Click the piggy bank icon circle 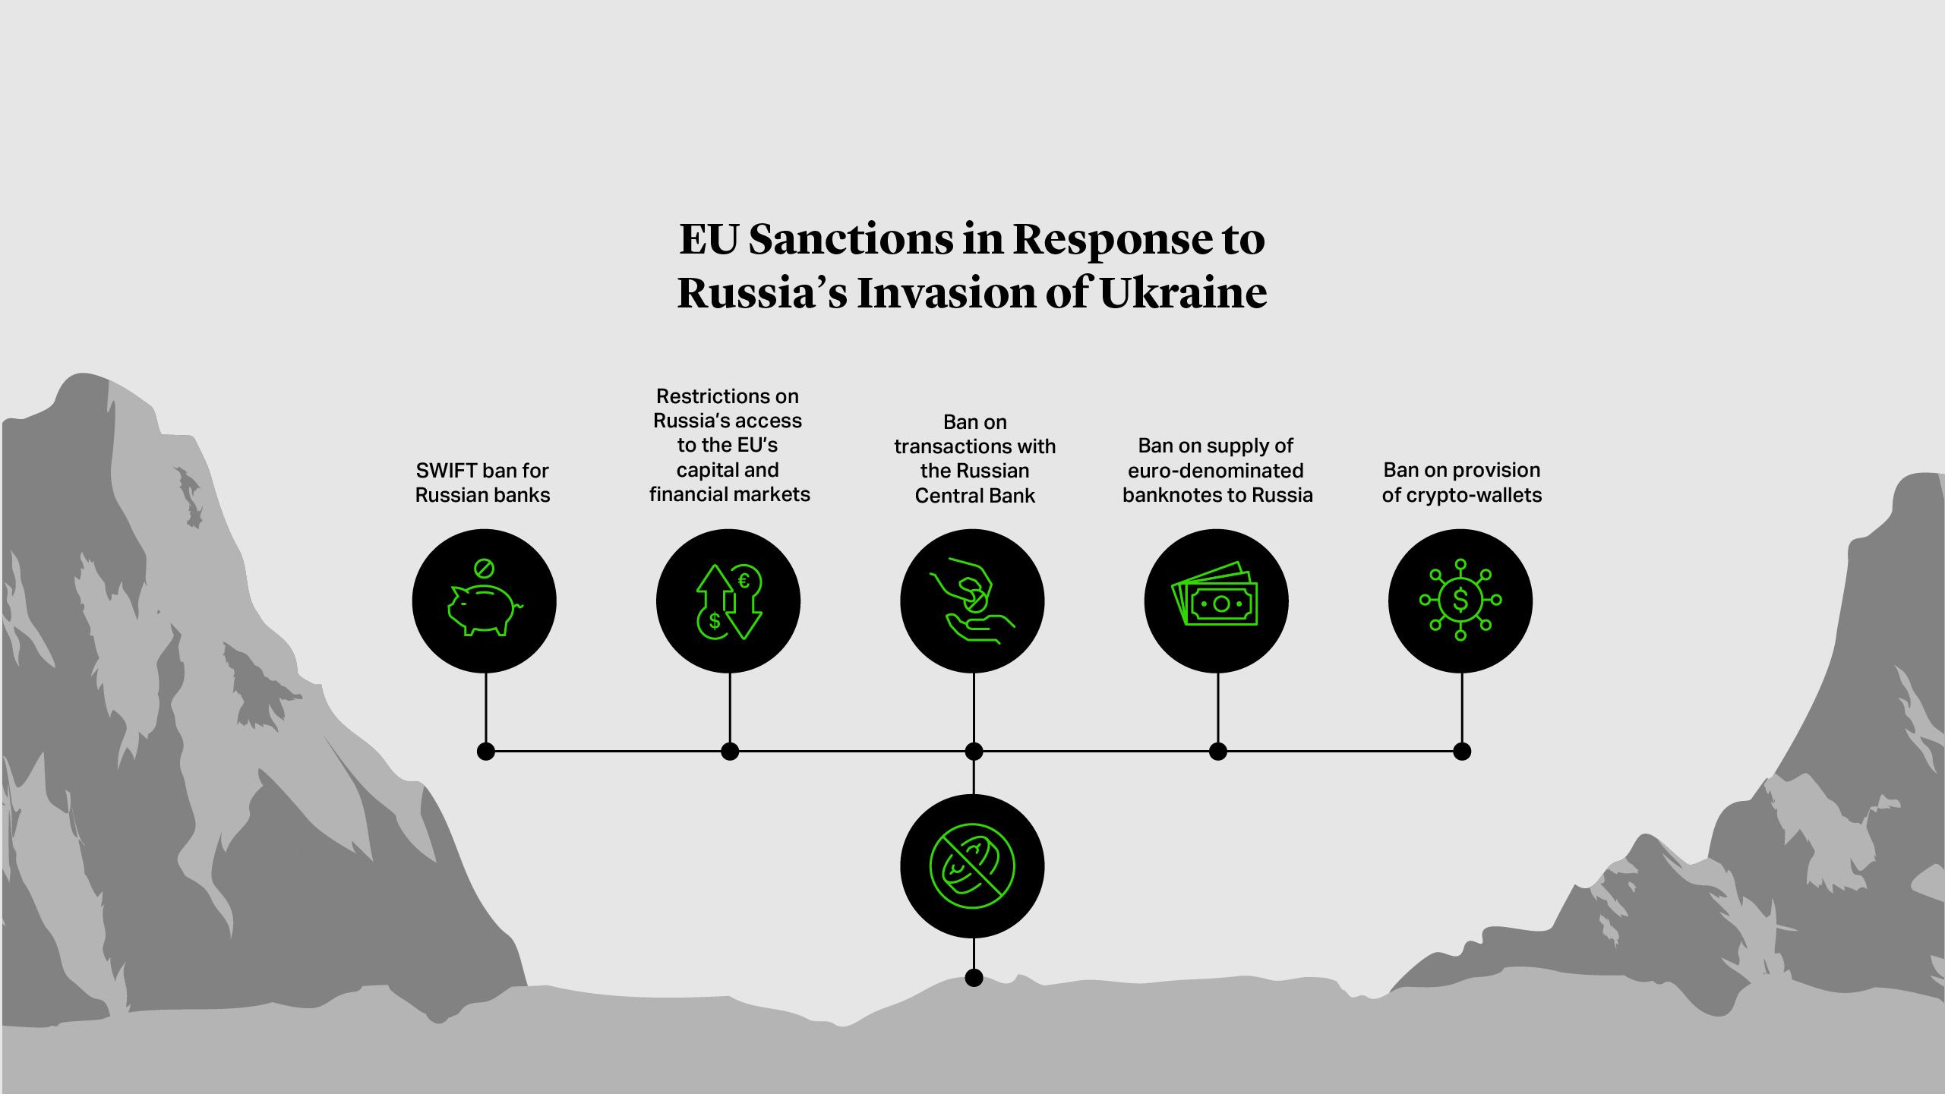click(x=484, y=601)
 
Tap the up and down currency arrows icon click(x=728, y=601)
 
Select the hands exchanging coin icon click(x=972, y=601)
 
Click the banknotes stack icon click(x=1216, y=601)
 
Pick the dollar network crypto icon click(x=1460, y=601)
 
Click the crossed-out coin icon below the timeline click(x=972, y=866)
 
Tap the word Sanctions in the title click(x=850, y=239)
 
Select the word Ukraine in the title click(x=1182, y=293)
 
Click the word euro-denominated click(x=1215, y=471)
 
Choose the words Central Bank click(x=974, y=496)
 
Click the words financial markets click(x=729, y=495)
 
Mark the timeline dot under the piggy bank click(x=486, y=752)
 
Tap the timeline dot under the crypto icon click(x=1462, y=752)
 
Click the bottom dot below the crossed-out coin click(x=974, y=978)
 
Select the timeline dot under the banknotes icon click(x=1217, y=752)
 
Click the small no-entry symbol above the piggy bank click(x=484, y=568)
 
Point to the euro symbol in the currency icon click(x=744, y=582)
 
